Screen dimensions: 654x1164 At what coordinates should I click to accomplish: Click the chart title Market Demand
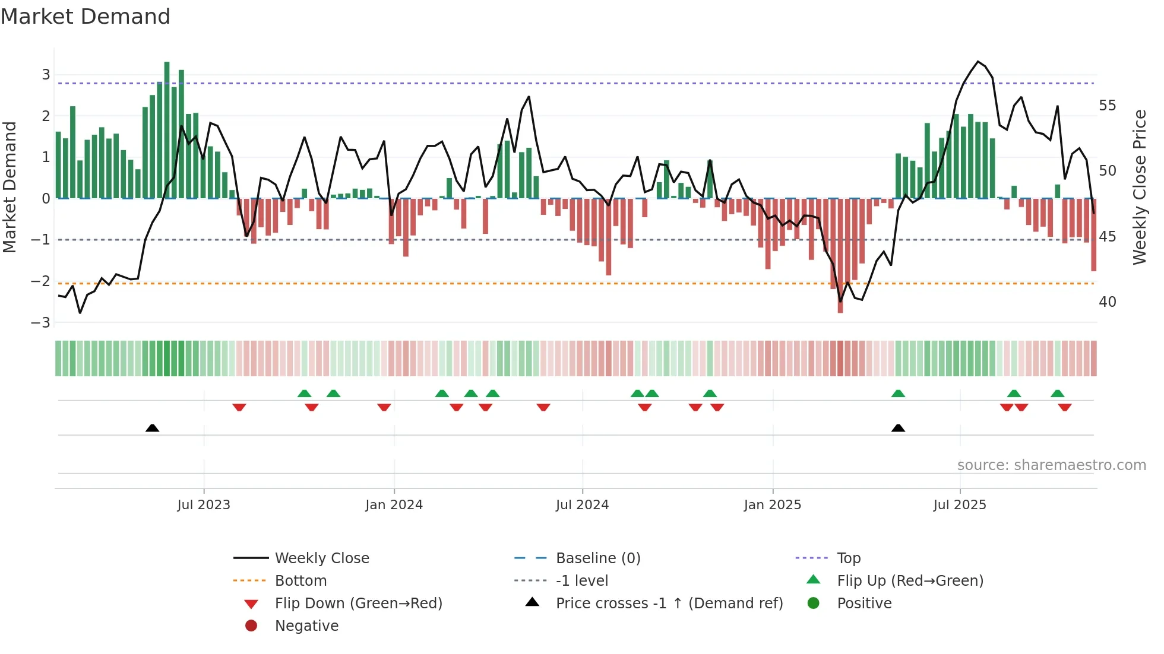(x=86, y=17)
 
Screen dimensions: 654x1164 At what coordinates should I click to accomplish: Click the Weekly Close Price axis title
(x=1139, y=187)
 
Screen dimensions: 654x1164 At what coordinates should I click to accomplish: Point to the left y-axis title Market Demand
(x=10, y=187)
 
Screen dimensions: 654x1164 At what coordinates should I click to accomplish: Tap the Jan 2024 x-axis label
(x=394, y=505)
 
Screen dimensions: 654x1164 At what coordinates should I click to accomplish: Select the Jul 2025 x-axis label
(x=959, y=505)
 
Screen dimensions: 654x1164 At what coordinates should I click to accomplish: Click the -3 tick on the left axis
(x=41, y=323)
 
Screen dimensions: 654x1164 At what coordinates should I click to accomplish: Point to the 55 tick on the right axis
(x=1107, y=106)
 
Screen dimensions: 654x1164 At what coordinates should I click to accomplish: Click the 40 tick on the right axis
(x=1107, y=302)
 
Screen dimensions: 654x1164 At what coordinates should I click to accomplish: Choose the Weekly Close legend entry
(x=321, y=558)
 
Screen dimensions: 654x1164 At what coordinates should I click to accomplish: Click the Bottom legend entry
(x=301, y=581)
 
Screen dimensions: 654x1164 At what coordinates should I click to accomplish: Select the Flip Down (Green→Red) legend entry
(x=358, y=604)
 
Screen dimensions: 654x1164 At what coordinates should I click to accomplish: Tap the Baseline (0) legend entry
(x=597, y=558)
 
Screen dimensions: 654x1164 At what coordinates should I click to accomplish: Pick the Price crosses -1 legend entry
(x=669, y=604)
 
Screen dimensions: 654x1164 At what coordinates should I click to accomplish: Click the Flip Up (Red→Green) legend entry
(x=910, y=581)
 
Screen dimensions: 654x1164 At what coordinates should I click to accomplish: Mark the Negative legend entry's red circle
(x=251, y=626)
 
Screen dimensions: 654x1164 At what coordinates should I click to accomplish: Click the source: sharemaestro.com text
(x=1051, y=465)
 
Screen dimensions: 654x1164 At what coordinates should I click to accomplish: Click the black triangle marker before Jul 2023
(x=153, y=428)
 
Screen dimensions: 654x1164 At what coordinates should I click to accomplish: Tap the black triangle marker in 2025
(x=898, y=428)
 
